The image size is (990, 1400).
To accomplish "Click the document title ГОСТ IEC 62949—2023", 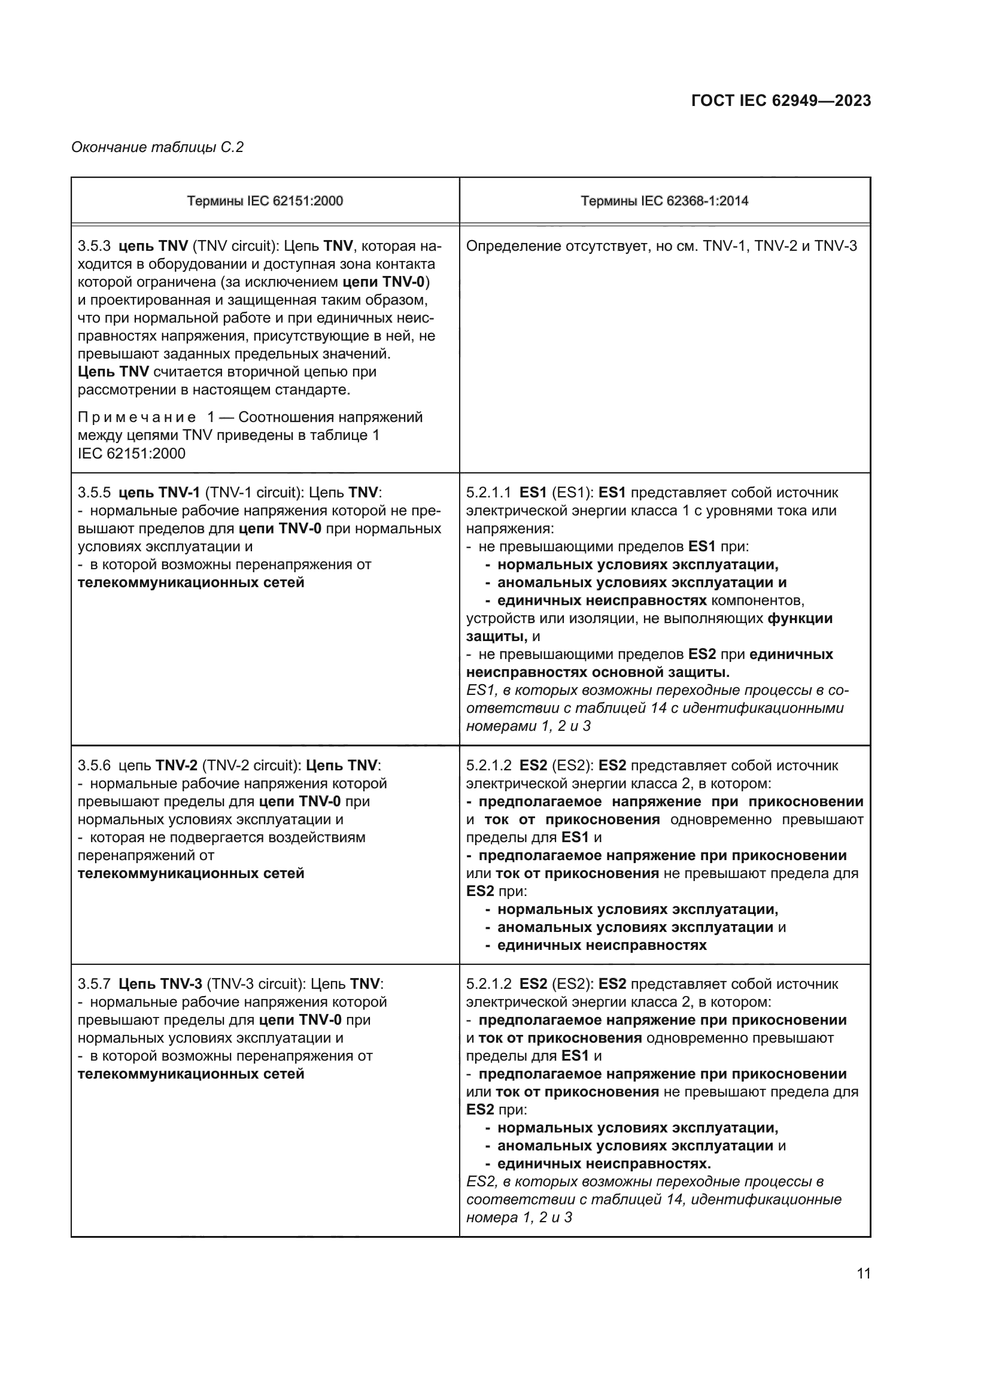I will [781, 101].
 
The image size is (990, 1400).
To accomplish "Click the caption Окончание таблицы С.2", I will [157, 147].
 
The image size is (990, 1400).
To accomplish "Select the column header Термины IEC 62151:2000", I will [265, 201].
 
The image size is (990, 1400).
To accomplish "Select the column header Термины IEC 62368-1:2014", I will [664, 201].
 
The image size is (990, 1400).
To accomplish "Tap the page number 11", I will [863, 1273].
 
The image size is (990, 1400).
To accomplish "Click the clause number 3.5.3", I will [94, 247].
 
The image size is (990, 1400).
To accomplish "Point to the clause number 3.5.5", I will [94, 493].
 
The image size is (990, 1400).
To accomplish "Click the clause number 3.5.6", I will [94, 766].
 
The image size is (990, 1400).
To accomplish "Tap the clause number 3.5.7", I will [94, 983].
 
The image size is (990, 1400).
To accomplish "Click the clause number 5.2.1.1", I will [488, 493].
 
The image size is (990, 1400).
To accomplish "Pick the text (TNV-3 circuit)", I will [256, 983].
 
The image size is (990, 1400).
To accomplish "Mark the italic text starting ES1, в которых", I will [656, 709].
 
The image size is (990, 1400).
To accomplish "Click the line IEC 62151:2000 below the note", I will [132, 454].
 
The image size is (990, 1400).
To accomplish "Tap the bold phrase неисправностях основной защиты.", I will [597, 673].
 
